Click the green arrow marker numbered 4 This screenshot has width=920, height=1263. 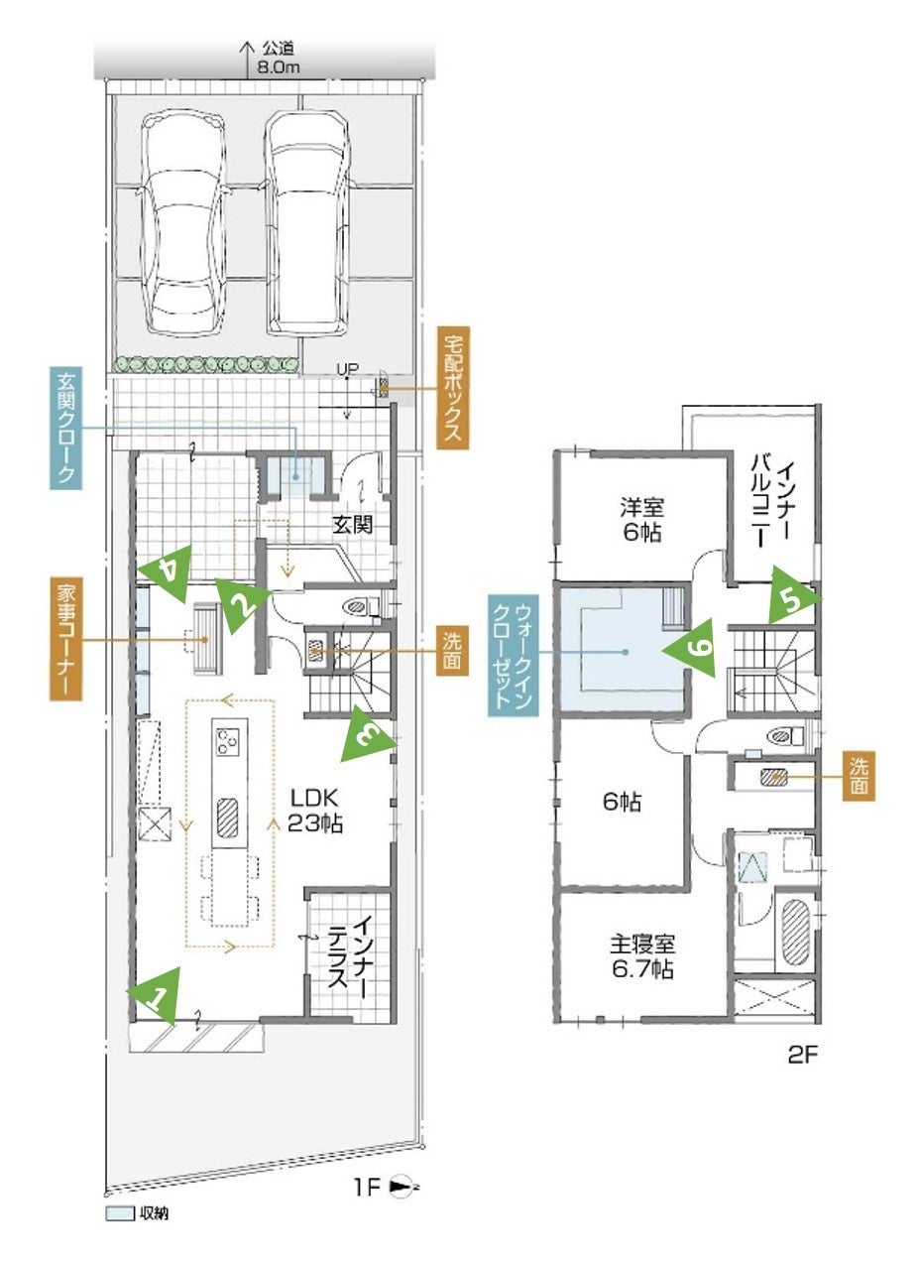pos(169,570)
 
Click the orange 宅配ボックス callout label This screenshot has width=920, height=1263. pos(453,388)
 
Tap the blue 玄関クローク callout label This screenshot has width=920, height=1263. pos(65,428)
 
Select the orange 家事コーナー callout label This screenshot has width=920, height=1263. pos(65,638)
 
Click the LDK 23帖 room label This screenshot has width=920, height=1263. pos(315,812)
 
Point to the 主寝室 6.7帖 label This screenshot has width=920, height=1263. pos(642,956)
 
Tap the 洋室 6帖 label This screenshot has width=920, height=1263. pos(642,520)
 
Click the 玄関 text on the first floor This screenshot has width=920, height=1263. pos(353,525)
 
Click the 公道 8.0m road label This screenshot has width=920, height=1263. pos(279,58)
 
